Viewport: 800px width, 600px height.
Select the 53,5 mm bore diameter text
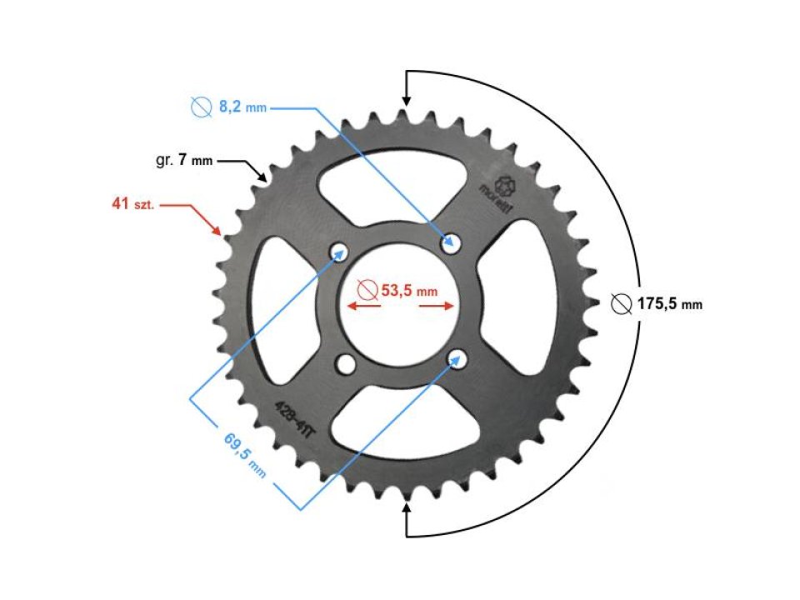tap(408, 291)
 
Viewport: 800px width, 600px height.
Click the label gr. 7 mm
tap(184, 160)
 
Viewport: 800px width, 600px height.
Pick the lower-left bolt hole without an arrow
tap(343, 363)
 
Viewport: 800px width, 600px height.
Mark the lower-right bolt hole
tap(457, 358)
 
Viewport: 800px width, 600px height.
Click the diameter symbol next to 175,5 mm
tap(620, 304)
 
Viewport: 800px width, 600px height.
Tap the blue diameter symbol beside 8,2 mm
tap(201, 107)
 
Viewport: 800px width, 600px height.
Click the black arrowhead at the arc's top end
tap(406, 99)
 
